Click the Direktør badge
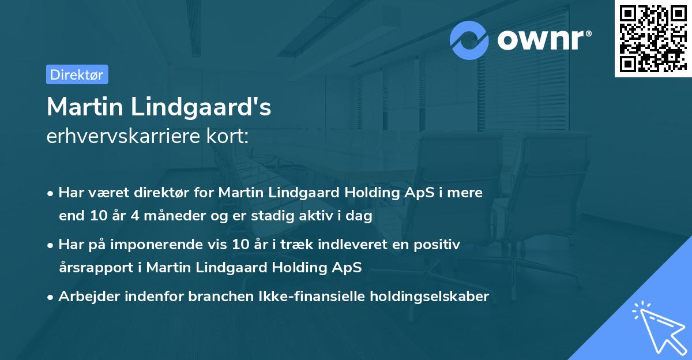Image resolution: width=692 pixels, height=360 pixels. (x=77, y=74)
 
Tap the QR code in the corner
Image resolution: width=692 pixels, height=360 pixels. (x=653, y=39)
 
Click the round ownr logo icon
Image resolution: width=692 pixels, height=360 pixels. (x=469, y=40)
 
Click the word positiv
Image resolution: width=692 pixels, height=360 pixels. (x=439, y=245)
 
